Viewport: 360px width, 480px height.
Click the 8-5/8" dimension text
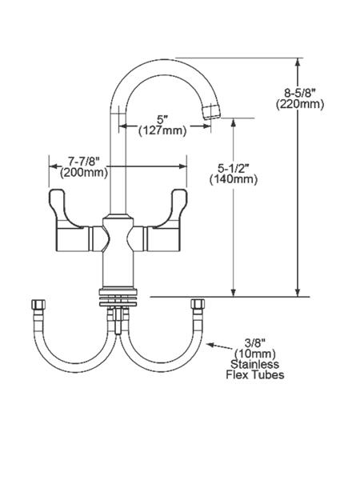300,92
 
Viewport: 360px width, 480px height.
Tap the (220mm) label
300,104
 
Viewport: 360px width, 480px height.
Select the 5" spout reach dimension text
162,118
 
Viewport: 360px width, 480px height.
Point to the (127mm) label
162,130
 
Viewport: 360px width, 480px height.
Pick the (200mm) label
84,173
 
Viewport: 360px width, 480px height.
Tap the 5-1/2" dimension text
234,167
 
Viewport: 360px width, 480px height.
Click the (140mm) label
234,179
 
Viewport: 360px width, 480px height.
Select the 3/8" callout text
255,342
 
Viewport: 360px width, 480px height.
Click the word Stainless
254,364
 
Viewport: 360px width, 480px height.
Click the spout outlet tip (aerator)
211,111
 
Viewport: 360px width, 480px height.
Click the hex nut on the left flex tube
38,304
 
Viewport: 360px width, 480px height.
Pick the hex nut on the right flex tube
198,304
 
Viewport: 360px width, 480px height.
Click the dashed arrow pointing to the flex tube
219,346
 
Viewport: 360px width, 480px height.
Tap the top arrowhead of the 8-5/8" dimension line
298,62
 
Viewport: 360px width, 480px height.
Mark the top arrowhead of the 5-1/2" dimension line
234,122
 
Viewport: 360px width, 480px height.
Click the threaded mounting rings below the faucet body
118,297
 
